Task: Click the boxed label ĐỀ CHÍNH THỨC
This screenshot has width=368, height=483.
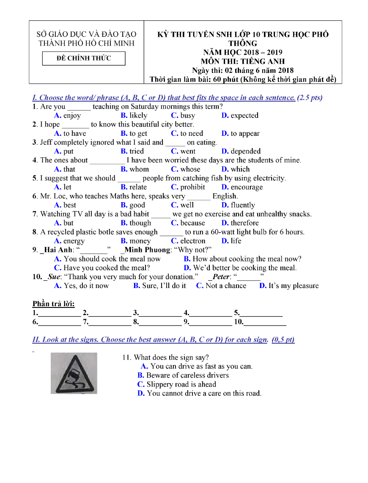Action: (x=84, y=58)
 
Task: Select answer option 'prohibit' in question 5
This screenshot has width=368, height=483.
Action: (x=192, y=187)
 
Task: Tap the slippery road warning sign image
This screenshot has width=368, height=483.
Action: (x=74, y=373)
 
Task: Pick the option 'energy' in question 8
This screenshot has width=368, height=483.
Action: (x=74, y=241)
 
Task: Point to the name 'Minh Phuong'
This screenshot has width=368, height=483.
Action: (x=147, y=250)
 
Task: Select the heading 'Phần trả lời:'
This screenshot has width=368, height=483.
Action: (x=53, y=304)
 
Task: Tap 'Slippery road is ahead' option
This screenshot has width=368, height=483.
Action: (x=181, y=384)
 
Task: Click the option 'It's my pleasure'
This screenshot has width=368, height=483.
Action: (x=294, y=286)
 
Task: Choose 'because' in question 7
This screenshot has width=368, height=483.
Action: (x=192, y=223)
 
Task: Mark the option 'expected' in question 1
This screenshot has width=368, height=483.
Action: (x=244, y=115)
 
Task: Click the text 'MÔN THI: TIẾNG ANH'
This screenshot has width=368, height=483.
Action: (x=243, y=61)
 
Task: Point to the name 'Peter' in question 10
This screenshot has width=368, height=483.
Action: (x=220, y=277)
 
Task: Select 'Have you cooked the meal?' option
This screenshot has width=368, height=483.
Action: (x=107, y=268)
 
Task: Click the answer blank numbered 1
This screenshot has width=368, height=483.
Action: (x=59, y=313)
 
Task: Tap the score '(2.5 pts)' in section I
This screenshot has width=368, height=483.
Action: (x=310, y=98)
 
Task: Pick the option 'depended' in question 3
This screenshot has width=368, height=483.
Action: (x=245, y=151)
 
